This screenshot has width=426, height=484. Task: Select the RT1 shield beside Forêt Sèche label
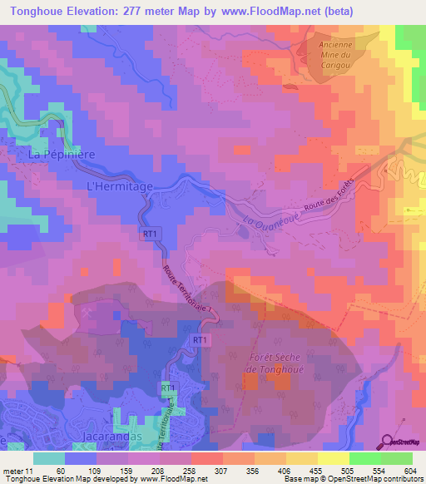click(x=200, y=340)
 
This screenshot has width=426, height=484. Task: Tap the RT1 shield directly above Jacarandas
click(x=166, y=388)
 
